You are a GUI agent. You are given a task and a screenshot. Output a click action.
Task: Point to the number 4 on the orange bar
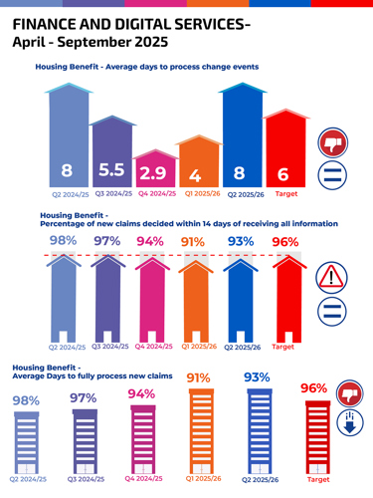point(195,174)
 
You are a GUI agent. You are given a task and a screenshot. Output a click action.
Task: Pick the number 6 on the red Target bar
point(283,173)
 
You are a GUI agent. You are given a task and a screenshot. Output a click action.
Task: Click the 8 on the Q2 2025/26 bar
point(239,173)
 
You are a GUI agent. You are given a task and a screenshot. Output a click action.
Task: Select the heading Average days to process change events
point(146,67)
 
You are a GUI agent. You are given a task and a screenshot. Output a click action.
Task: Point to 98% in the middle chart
point(63,242)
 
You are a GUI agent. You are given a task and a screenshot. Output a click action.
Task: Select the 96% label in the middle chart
point(284,242)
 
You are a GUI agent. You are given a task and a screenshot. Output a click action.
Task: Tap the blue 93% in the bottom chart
point(257,378)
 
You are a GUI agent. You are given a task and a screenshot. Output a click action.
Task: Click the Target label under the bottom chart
point(318,480)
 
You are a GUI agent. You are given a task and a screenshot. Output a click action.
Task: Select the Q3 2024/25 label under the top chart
point(112,194)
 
